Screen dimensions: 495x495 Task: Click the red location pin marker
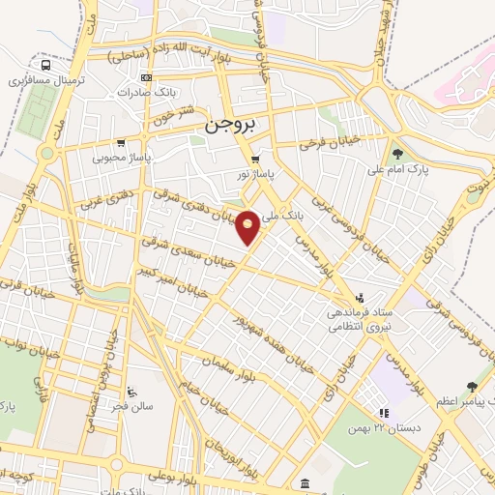248,225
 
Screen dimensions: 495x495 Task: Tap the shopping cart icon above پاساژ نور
255,159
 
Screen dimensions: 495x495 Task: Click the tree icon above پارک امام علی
397,152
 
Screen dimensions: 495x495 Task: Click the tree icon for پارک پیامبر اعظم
472,385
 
